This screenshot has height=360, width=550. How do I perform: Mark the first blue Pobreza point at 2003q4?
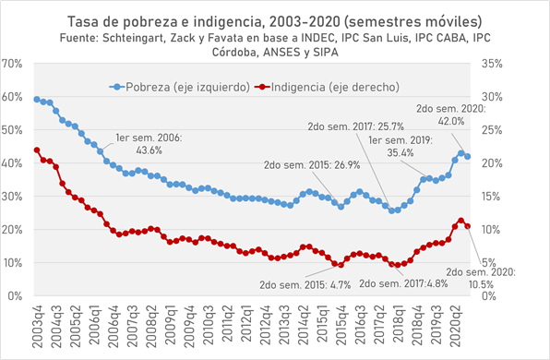pyautogui.click(x=37, y=99)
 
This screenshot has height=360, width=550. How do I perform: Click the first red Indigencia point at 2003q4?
pyautogui.click(x=37, y=150)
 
